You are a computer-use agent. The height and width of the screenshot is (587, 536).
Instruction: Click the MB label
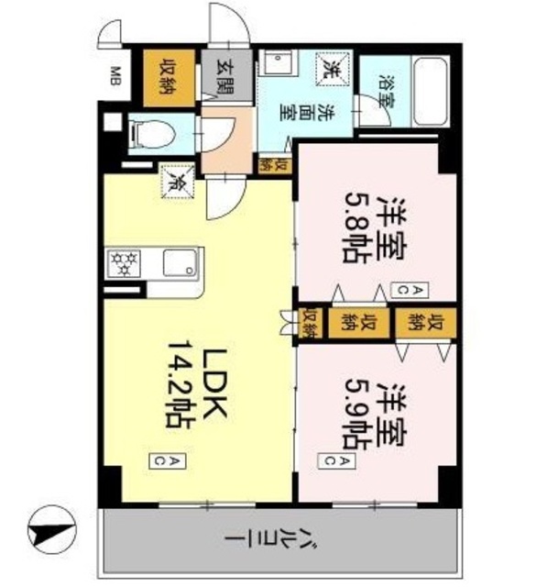click(117, 74)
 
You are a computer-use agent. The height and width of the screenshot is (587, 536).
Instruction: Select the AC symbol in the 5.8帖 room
click(402, 289)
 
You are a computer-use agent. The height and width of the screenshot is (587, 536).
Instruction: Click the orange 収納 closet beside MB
click(170, 77)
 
